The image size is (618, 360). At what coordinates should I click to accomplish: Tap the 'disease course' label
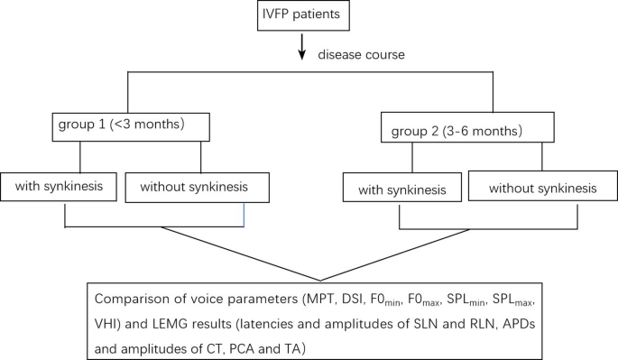coord(360,56)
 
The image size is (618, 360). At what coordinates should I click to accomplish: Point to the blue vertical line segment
coord(244,216)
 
